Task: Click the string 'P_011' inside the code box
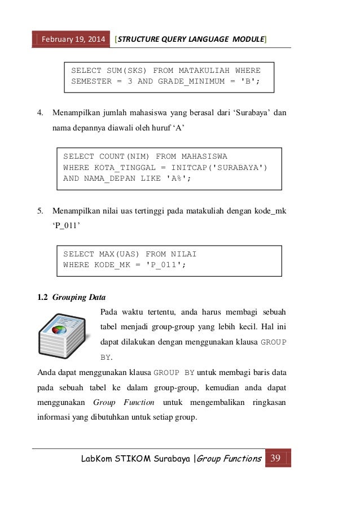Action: [164, 264]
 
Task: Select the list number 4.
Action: [40, 112]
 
